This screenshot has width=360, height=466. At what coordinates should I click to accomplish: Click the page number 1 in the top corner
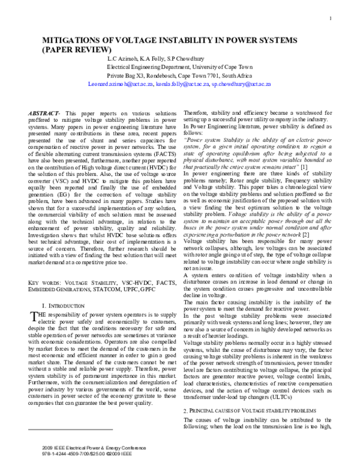click(x=331, y=18)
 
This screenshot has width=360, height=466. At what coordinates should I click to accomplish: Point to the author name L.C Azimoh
click(x=124, y=59)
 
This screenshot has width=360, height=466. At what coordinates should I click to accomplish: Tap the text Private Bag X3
click(x=128, y=77)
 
